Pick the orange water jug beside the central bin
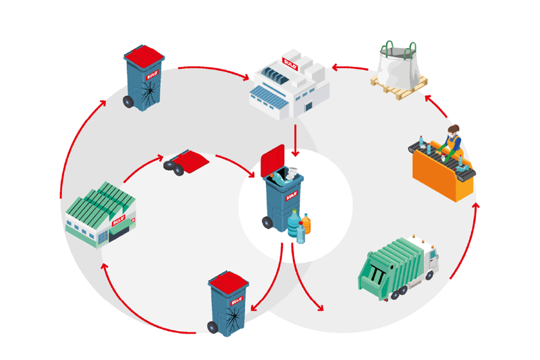point(306,224)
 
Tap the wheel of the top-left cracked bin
point(128,102)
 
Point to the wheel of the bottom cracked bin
point(213,328)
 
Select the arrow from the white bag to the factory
point(350,68)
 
